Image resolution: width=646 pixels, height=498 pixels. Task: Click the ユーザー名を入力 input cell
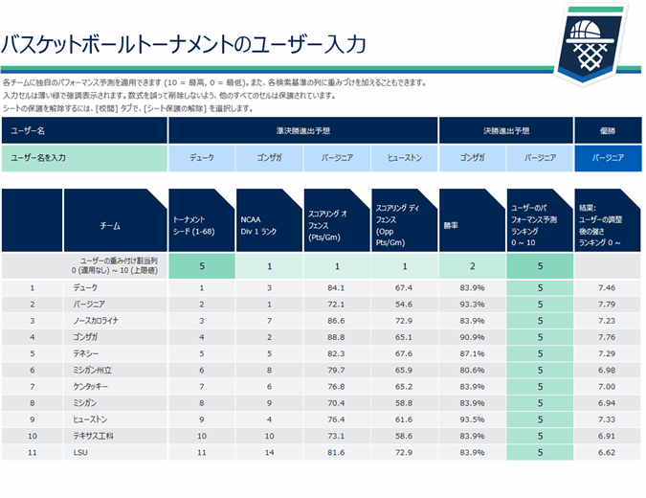point(84,157)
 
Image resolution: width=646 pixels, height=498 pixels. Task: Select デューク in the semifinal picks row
point(202,157)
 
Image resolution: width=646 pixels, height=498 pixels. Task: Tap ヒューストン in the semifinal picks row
point(405,157)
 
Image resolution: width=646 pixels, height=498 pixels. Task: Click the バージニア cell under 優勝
point(608,157)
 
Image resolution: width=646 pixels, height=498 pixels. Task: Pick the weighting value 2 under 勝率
point(471,266)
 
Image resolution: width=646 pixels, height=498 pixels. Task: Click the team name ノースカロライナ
point(100,321)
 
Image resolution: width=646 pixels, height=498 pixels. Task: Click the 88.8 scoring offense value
point(336,337)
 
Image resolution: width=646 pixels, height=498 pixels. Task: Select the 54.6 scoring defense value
point(404,305)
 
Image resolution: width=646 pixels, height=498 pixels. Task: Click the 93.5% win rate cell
point(471,419)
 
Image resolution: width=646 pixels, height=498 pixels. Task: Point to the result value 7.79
point(606,305)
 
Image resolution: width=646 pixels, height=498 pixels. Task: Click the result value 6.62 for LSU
point(606,451)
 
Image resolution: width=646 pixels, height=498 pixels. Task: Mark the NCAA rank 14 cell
point(270,451)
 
